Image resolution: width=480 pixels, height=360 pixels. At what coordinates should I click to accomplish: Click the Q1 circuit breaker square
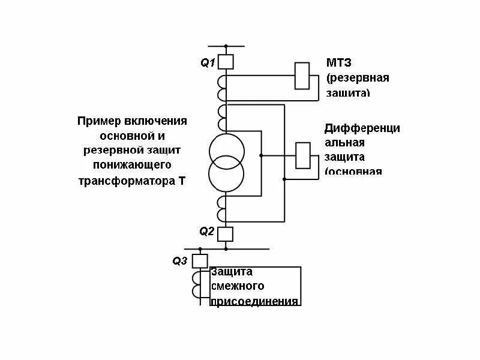pos(226,61)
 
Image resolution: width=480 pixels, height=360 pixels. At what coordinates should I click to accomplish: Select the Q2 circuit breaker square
pos(226,233)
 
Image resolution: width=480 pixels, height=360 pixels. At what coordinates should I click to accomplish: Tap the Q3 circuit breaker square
pos(200,260)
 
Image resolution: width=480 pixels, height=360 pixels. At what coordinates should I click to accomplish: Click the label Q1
pos(208,62)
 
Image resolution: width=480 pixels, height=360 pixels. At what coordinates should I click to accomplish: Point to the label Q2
pos(207,232)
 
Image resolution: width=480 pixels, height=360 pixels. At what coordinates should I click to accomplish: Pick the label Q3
pos(180,261)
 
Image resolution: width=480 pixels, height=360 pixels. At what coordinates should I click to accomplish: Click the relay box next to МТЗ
pos(302,76)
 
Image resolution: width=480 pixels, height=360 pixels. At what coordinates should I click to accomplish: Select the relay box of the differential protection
pos(304,155)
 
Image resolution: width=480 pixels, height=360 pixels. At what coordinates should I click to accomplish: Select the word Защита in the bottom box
pos(232,272)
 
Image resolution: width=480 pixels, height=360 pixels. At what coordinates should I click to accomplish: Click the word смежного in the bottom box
pos(238,287)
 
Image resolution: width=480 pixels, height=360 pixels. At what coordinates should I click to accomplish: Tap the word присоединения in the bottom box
pos(254,301)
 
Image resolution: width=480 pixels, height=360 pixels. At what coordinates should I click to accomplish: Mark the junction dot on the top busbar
pos(226,46)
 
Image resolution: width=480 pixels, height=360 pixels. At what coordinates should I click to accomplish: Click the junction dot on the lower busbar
pos(226,248)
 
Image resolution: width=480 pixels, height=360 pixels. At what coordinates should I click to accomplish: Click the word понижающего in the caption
pos(132,164)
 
